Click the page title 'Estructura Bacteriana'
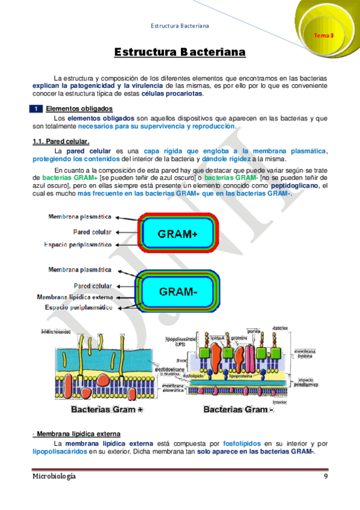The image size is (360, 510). pos(180,53)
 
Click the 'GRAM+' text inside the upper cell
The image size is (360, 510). pos(177,234)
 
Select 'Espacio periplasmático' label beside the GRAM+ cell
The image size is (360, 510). pos(78,245)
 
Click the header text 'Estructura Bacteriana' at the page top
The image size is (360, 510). pos(180,26)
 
